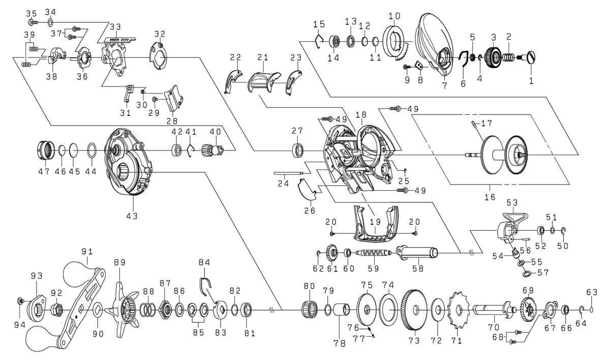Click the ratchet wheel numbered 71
(458, 309)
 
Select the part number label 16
(490, 197)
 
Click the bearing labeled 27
(298, 151)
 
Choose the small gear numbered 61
(333, 253)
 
